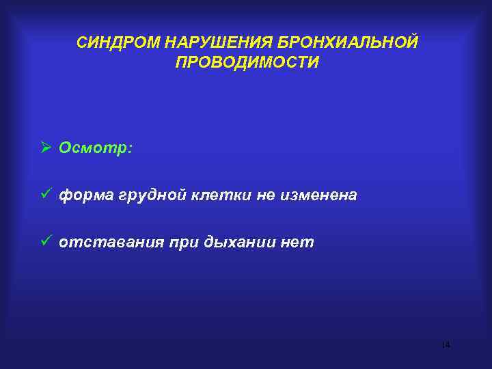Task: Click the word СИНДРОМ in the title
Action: click(x=117, y=42)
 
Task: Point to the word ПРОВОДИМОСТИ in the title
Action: click(x=247, y=62)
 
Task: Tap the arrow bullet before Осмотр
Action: click(x=46, y=148)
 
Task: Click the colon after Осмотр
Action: click(x=129, y=148)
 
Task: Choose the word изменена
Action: click(x=318, y=195)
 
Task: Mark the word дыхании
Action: click(x=235, y=243)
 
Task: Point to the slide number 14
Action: click(x=446, y=345)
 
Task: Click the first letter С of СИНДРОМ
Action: click(x=81, y=42)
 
